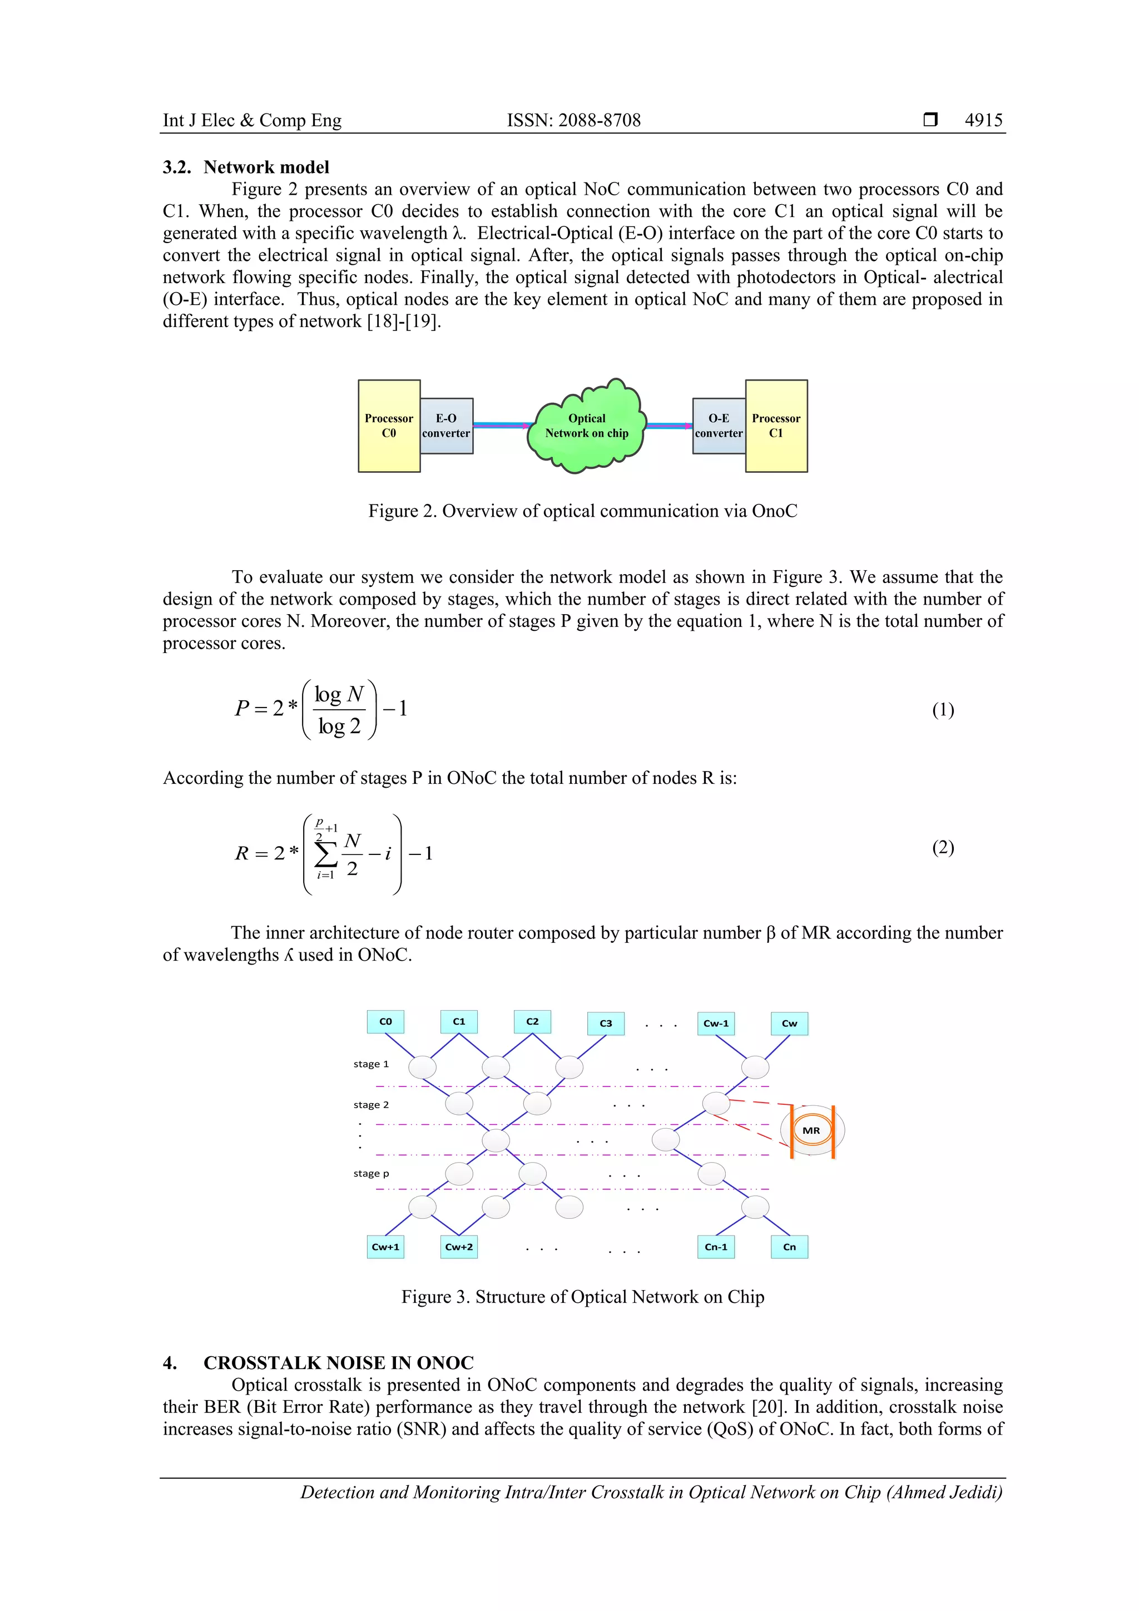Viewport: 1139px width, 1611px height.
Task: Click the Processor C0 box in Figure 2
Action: tap(389, 426)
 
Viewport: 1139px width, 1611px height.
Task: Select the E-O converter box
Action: tap(446, 426)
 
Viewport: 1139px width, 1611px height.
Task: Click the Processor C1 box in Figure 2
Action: tap(776, 426)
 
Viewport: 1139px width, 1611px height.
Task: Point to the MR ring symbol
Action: tap(811, 1130)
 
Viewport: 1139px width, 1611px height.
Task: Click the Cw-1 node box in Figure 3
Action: tap(716, 1023)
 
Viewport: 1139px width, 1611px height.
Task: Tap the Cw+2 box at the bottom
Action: tap(459, 1247)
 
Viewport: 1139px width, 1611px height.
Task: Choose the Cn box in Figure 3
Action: tap(789, 1247)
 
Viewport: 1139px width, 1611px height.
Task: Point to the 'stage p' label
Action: tap(371, 1173)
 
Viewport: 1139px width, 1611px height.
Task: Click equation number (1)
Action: tap(943, 710)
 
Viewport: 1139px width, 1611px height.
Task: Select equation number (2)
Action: tap(943, 848)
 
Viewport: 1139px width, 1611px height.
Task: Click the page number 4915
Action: tap(983, 120)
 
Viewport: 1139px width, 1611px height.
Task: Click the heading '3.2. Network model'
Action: tap(246, 167)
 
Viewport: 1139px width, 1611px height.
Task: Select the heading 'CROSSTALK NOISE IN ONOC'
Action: tap(338, 1362)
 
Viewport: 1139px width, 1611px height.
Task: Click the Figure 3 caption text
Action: tap(582, 1297)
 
